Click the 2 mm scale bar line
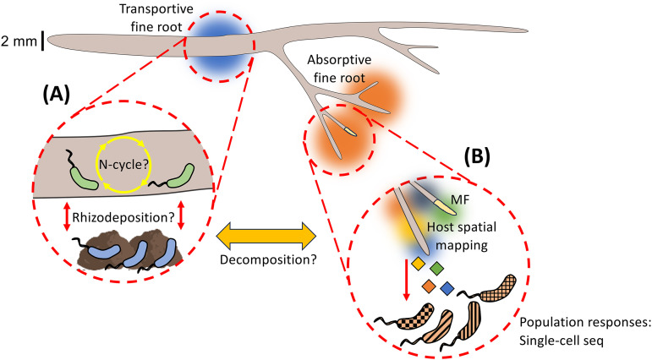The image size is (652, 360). coord(42,41)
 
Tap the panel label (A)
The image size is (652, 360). coord(56,95)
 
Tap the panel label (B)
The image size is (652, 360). coord(477,155)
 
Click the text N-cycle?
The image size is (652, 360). coord(123,165)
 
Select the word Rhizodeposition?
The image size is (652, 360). coord(123,217)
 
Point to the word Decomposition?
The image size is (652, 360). coord(268,259)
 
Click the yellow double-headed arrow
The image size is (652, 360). coord(266,237)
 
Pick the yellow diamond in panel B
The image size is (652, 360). coord(418,264)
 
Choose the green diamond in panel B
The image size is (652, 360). coord(436,268)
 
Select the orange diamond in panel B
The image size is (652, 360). coord(428,286)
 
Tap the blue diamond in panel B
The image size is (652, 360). coord(447,288)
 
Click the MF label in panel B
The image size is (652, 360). coord(460,200)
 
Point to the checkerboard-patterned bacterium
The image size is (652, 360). coord(415,317)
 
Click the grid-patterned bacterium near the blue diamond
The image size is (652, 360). coord(497,288)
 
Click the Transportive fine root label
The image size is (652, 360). coord(156,18)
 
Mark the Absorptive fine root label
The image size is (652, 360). coord(339,68)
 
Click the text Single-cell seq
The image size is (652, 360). coord(561,341)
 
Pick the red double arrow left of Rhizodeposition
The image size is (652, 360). coord(66,215)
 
